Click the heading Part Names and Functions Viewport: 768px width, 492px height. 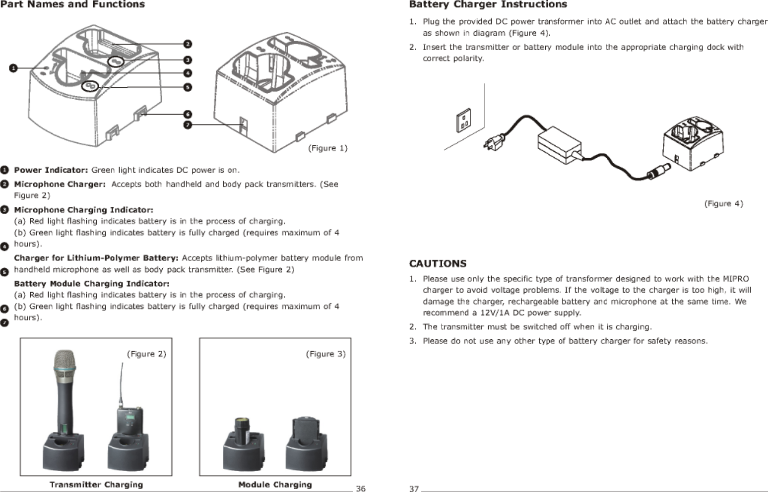[72, 5]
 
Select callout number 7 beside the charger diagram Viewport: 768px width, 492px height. [188, 125]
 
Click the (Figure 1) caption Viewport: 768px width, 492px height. [327, 148]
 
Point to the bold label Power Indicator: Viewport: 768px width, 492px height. [51, 170]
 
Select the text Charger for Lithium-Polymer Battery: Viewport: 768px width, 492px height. [96, 258]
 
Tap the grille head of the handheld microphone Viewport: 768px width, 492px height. [65, 367]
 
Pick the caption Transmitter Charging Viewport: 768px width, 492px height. [96, 485]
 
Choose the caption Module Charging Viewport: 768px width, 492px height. [275, 485]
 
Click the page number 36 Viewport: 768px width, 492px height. [361, 489]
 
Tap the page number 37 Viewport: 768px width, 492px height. [414, 489]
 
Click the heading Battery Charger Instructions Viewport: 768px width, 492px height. [488, 5]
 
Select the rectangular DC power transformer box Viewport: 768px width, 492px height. [559, 143]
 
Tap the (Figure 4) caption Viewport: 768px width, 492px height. [723, 203]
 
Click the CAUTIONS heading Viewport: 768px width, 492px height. [438, 263]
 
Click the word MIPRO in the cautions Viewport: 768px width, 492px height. [736, 279]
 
